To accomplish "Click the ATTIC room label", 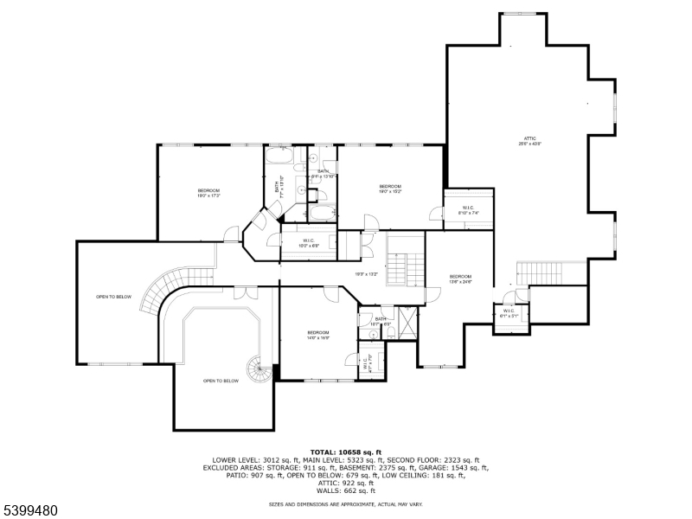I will (x=529, y=140).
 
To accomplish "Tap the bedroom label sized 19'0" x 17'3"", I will (x=208, y=193).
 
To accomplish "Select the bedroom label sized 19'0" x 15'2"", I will (x=390, y=189).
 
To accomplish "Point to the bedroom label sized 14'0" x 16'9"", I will (x=317, y=335).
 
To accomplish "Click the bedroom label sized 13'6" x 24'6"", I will (x=460, y=279).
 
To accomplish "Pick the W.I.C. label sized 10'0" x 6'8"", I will (x=309, y=243).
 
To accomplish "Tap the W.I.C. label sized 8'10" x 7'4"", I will (x=468, y=209).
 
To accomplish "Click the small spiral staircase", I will (x=259, y=371).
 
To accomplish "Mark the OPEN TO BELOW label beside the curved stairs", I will (x=113, y=297).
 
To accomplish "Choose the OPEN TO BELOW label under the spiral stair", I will (x=221, y=381).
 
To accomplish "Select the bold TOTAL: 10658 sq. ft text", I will (x=346, y=452).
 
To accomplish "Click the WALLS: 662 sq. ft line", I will (x=346, y=490).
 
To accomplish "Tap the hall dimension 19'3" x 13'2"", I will (x=367, y=275).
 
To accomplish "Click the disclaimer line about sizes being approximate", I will (x=346, y=503).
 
